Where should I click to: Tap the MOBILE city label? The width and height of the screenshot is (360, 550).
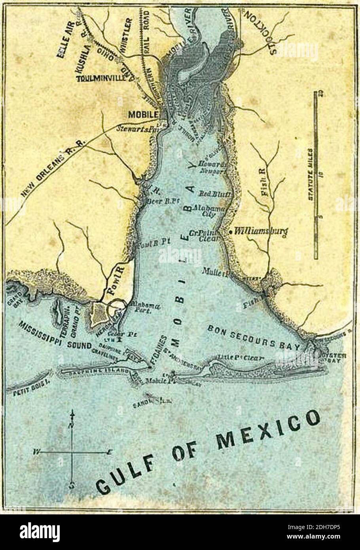click(143, 114)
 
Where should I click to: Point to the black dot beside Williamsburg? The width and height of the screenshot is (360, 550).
click(230, 232)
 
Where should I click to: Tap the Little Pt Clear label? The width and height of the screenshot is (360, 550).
click(238, 358)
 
